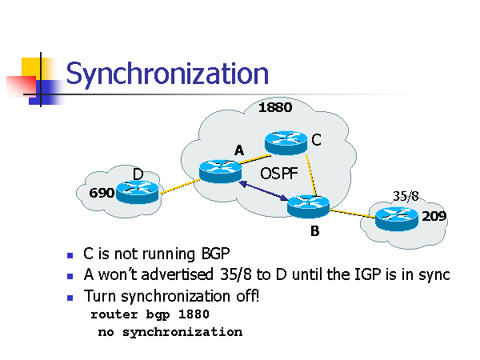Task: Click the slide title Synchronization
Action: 166,74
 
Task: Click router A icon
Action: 220,170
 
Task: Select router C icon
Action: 286,142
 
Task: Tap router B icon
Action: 308,206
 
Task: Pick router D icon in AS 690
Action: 138,191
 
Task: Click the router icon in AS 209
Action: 396,216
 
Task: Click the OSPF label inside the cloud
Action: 280,174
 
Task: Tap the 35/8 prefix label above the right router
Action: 406,195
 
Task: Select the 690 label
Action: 102,193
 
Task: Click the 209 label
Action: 434,216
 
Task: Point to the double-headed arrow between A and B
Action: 263,194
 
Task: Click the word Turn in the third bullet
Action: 98,296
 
